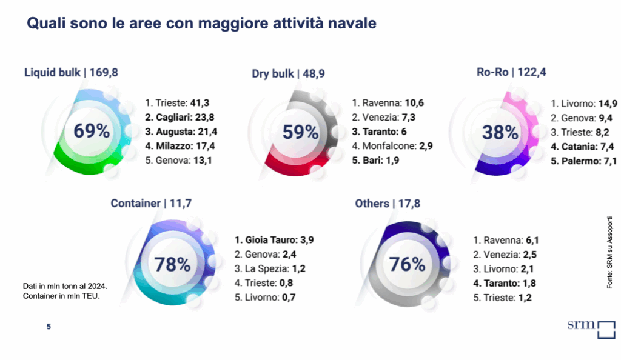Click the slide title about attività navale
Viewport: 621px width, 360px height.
tap(202, 24)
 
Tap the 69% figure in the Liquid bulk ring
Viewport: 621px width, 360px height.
tap(92, 131)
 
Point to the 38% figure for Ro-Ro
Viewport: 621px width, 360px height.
tap(500, 132)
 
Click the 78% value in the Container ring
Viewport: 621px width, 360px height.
tap(172, 264)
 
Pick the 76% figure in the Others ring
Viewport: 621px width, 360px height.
tap(407, 264)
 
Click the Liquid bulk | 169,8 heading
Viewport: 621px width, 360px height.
tap(71, 73)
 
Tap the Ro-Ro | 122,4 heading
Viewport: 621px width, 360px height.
tap(512, 73)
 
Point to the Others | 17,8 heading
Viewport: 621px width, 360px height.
tap(389, 204)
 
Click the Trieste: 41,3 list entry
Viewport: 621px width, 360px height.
tap(178, 102)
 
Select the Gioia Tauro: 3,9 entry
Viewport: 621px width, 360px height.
tap(274, 240)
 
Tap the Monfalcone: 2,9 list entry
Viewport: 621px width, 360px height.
tap(392, 146)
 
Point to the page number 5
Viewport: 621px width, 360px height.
tap(49, 327)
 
